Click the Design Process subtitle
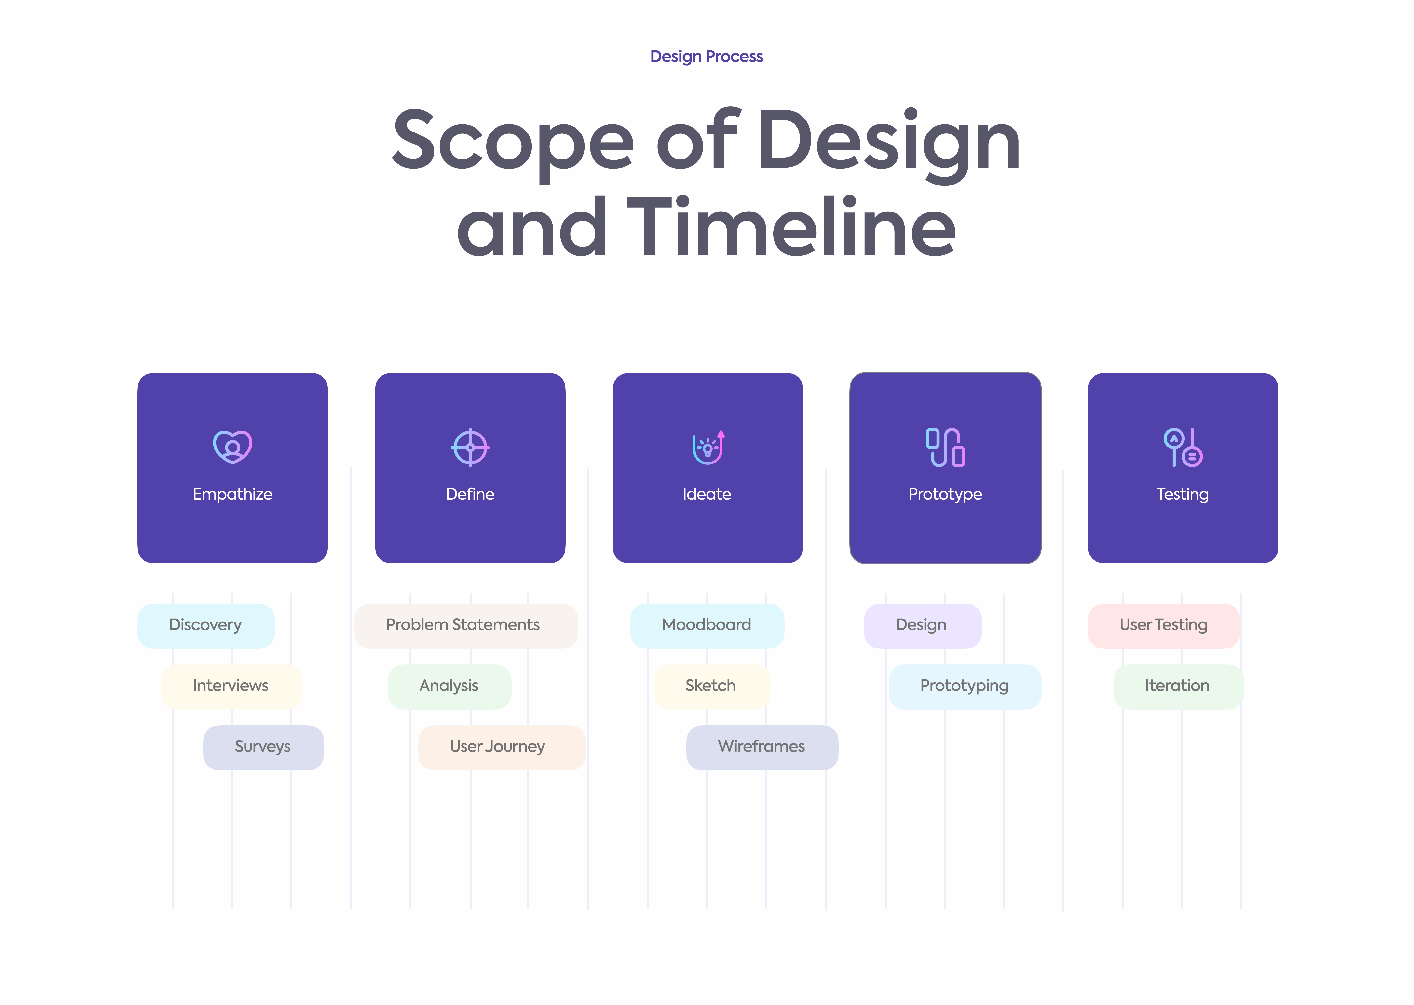[706, 56]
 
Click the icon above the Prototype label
[945, 447]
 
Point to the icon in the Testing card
[1183, 447]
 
